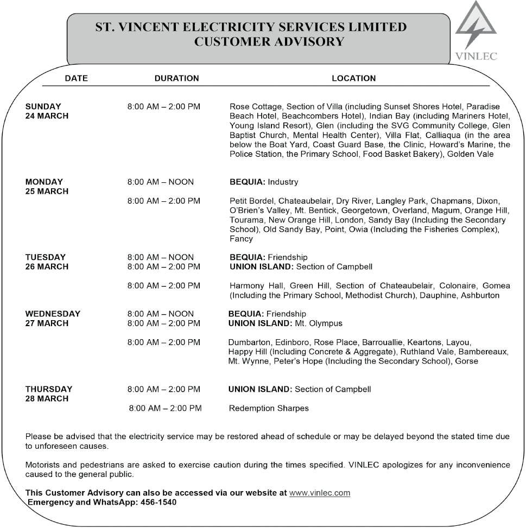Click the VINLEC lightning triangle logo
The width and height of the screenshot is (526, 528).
(x=476, y=27)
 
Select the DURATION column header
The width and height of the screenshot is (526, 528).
(x=176, y=78)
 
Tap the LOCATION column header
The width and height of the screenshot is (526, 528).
(x=353, y=78)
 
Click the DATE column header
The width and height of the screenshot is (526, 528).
(x=76, y=78)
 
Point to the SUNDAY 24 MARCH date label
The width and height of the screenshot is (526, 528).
(x=47, y=111)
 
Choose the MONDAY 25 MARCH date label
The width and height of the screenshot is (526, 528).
(x=47, y=187)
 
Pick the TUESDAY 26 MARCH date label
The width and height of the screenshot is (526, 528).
(x=47, y=262)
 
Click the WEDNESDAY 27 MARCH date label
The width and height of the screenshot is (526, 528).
(x=53, y=319)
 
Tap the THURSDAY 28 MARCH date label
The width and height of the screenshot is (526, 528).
(x=48, y=394)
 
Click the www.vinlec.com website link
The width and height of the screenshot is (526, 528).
(x=320, y=493)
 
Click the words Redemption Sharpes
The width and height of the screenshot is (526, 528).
(x=269, y=408)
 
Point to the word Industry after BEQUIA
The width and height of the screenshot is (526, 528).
(x=283, y=182)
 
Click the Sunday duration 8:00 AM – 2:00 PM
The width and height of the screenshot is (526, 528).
(x=163, y=106)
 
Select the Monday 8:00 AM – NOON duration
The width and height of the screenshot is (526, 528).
(x=160, y=182)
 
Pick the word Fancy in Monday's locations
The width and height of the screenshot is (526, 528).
(x=241, y=239)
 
